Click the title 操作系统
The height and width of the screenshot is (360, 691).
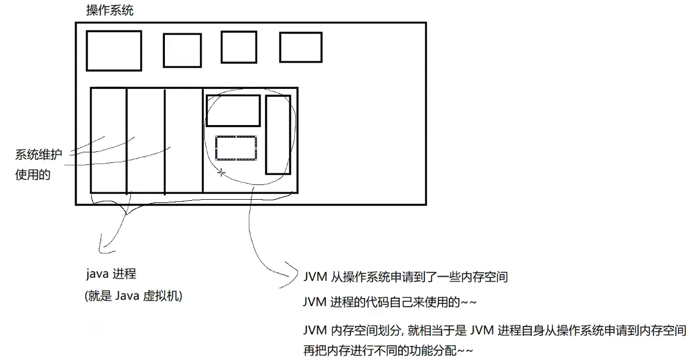tap(109, 11)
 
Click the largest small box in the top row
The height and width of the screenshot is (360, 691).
tap(114, 51)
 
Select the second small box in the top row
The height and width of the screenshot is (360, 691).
tap(182, 50)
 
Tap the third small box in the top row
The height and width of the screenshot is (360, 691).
tap(238, 47)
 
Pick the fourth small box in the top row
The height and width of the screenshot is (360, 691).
tap(300, 48)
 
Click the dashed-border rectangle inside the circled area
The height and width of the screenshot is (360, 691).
tap(236, 148)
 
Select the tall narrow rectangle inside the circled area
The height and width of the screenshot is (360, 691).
tap(278, 135)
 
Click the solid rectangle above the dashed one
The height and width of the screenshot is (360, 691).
tap(233, 111)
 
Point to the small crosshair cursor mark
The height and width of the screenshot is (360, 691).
tap(222, 172)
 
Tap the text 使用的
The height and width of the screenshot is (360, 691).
tap(33, 175)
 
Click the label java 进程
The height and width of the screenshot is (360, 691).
tap(111, 274)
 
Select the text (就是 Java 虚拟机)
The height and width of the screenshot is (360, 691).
tap(133, 296)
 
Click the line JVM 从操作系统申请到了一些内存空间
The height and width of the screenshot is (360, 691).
tap(405, 277)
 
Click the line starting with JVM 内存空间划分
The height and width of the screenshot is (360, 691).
tap(494, 331)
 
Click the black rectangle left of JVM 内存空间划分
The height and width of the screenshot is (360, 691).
tap(202, 341)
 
